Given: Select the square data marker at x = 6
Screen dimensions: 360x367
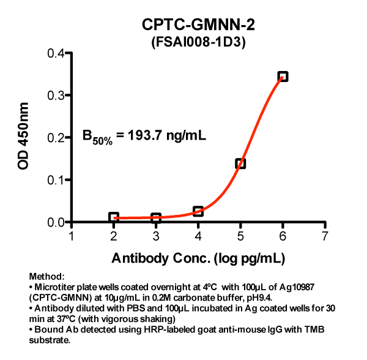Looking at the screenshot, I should tap(283, 77).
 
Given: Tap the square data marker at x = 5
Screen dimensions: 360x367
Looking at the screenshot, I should tap(240, 163).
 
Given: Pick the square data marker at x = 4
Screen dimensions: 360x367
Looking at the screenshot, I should tap(198, 211).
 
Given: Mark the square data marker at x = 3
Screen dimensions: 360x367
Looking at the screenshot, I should tap(156, 218).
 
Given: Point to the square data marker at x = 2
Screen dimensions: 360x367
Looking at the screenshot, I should tap(114, 217).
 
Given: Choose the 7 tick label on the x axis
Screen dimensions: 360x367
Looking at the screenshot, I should tap(325, 237).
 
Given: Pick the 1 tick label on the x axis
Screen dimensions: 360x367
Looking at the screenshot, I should tap(72, 237).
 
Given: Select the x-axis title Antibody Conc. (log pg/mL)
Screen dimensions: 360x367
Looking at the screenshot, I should tap(198, 258).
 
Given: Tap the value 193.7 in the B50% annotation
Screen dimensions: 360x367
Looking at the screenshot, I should tap(144, 135).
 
